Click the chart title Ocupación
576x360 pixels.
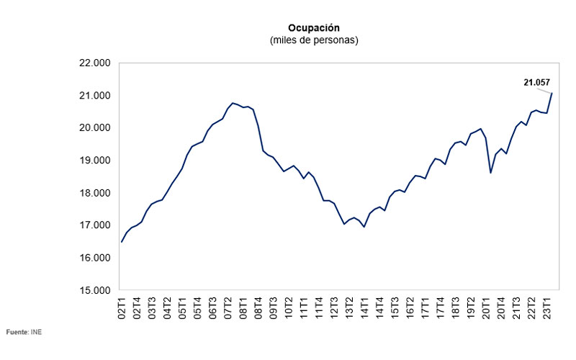[312, 27]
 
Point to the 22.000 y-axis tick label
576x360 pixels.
[94, 63]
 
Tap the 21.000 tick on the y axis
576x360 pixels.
[94, 96]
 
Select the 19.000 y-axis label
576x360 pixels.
[94, 161]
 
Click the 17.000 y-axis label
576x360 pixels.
[94, 225]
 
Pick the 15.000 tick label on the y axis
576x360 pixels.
[94, 291]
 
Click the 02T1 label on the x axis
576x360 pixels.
[122, 307]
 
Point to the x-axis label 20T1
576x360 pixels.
[487, 307]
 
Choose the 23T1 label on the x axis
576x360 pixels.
[547, 307]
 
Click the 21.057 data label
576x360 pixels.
[537, 84]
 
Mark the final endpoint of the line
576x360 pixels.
[552, 94]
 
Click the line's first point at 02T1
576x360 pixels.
[121, 242]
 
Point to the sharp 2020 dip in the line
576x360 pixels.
[490, 173]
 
